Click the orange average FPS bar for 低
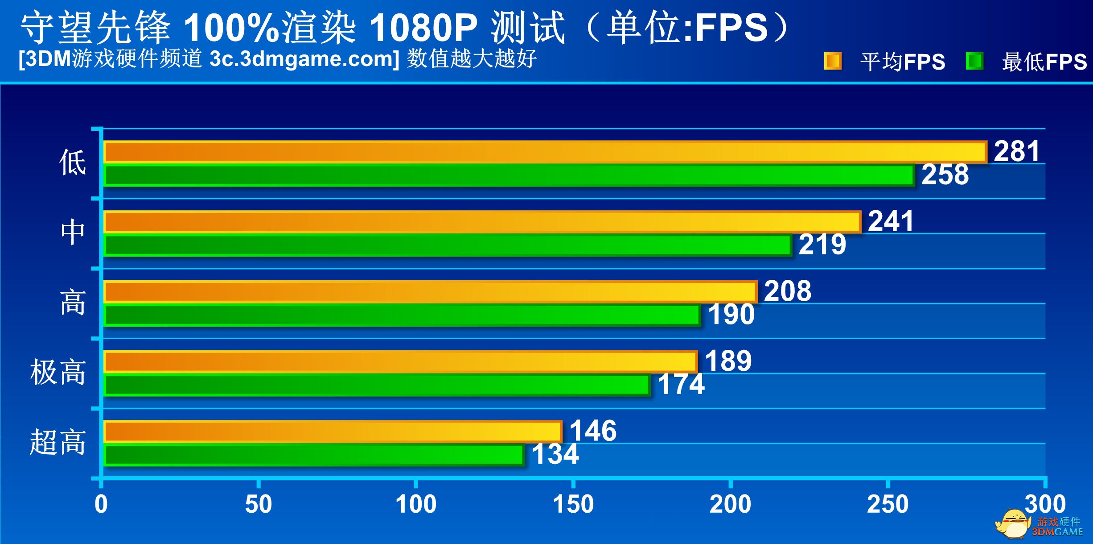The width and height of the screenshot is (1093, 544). [x=545, y=152]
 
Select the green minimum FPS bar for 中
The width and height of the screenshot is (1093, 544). [x=448, y=245]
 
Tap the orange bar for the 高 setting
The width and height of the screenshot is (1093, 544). [x=430, y=292]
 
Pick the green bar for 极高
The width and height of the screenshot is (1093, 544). [x=377, y=386]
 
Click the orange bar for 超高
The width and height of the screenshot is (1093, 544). [x=333, y=432]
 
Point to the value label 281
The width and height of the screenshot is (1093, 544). [x=1017, y=151]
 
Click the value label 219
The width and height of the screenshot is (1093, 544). [x=822, y=245]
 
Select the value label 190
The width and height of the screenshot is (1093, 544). [x=731, y=315]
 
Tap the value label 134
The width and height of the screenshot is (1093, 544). [x=555, y=454]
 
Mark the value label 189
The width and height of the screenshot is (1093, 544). [x=728, y=361]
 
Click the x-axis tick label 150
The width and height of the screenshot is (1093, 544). [x=573, y=505]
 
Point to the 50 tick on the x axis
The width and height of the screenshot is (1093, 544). [x=258, y=505]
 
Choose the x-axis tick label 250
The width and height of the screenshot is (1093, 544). [x=888, y=505]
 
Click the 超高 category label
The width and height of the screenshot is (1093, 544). [x=58, y=442]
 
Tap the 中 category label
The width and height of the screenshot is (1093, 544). [x=73, y=233]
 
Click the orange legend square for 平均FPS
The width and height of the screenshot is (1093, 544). [x=832, y=61]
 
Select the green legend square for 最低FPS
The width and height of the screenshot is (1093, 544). [x=974, y=61]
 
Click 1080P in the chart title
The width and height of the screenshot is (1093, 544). [x=423, y=28]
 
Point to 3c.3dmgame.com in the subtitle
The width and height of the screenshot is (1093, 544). [x=304, y=59]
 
